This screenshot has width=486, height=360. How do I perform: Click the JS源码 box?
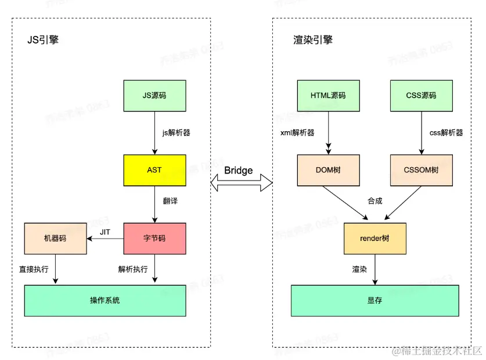[x=154, y=95]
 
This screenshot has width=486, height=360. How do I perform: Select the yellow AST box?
[x=154, y=170]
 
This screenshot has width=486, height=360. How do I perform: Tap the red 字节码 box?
[x=154, y=238]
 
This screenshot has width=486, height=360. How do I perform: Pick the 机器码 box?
[x=55, y=238]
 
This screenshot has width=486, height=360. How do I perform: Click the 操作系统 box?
[x=105, y=300]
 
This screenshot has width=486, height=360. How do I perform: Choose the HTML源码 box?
[x=329, y=95]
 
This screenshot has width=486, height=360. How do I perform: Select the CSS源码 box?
[x=421, y=95]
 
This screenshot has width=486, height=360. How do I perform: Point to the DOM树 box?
[x=329, y=170]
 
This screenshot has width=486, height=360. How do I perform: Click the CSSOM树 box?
[x=421, y=170]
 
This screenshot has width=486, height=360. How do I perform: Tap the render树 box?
[x=375, y=238]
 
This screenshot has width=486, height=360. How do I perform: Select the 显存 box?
[x=375, y=300]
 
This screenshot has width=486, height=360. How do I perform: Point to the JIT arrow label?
[x=105, y=232]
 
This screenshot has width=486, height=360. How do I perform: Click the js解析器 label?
[x=176, y=132]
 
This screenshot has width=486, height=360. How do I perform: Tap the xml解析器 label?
[x=297, y=132]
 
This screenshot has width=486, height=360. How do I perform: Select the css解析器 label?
[x=446, y=132]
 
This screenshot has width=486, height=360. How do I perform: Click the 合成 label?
[x=375, y=201]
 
